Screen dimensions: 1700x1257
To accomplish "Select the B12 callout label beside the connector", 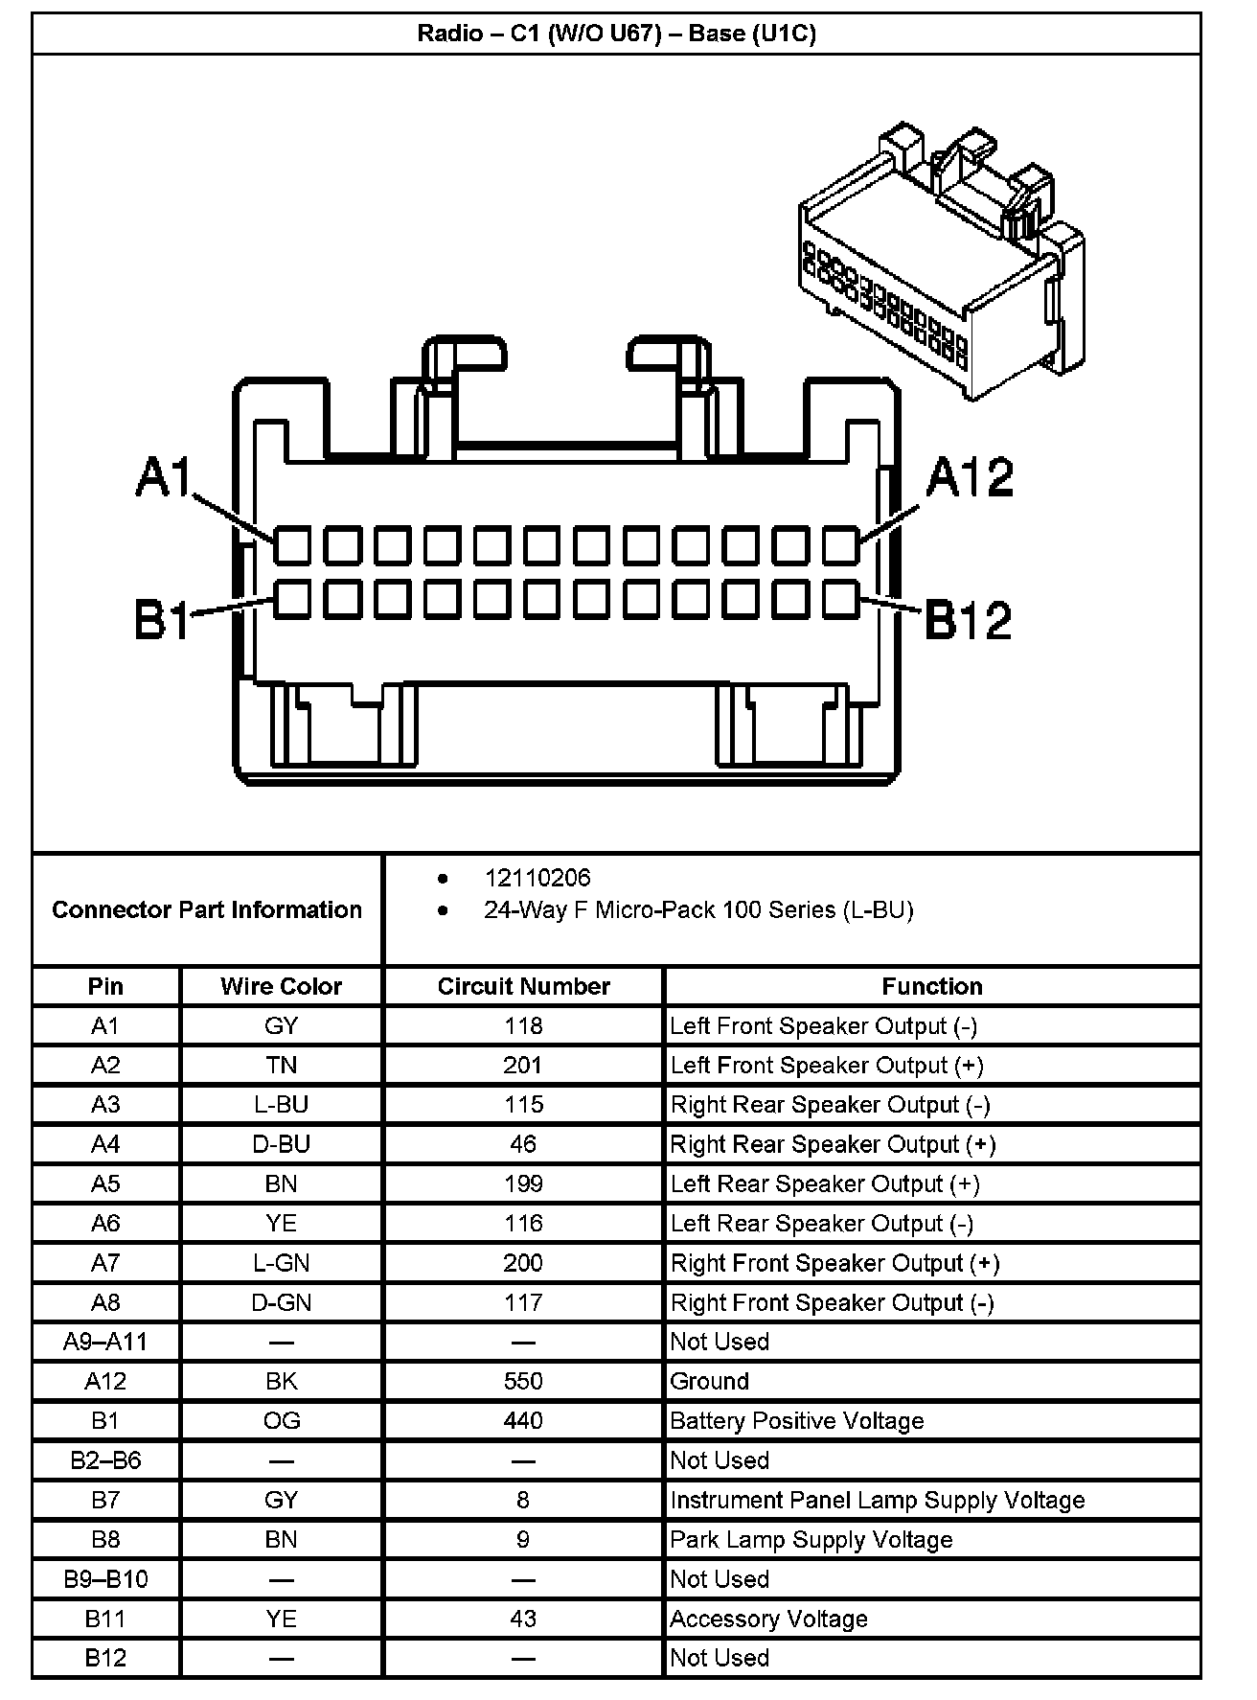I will point(968,620).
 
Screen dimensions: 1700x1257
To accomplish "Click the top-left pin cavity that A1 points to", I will point(292,545).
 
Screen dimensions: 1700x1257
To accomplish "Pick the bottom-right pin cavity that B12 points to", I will point(840,599).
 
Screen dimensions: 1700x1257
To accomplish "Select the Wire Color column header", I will point(281,986).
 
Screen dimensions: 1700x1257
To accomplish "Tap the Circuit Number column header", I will point(523,986).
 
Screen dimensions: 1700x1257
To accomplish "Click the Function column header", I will point(931,986).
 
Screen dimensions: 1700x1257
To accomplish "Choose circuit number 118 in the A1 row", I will point(523,1026).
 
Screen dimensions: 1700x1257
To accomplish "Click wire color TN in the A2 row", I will point(281,1066).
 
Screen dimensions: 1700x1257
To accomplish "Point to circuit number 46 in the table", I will point(523,1144).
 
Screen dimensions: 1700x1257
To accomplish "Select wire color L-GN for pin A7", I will point(281,1263).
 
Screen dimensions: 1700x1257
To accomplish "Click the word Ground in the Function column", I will point(709,1381).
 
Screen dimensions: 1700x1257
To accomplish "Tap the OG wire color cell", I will point(281,1420).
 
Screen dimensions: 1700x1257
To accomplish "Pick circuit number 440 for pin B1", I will point(523,1420).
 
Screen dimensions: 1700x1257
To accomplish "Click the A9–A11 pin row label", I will point(105,1342).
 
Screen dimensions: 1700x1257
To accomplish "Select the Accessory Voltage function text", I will point(768,1619).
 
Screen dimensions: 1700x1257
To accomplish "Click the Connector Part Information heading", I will point(207,909).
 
